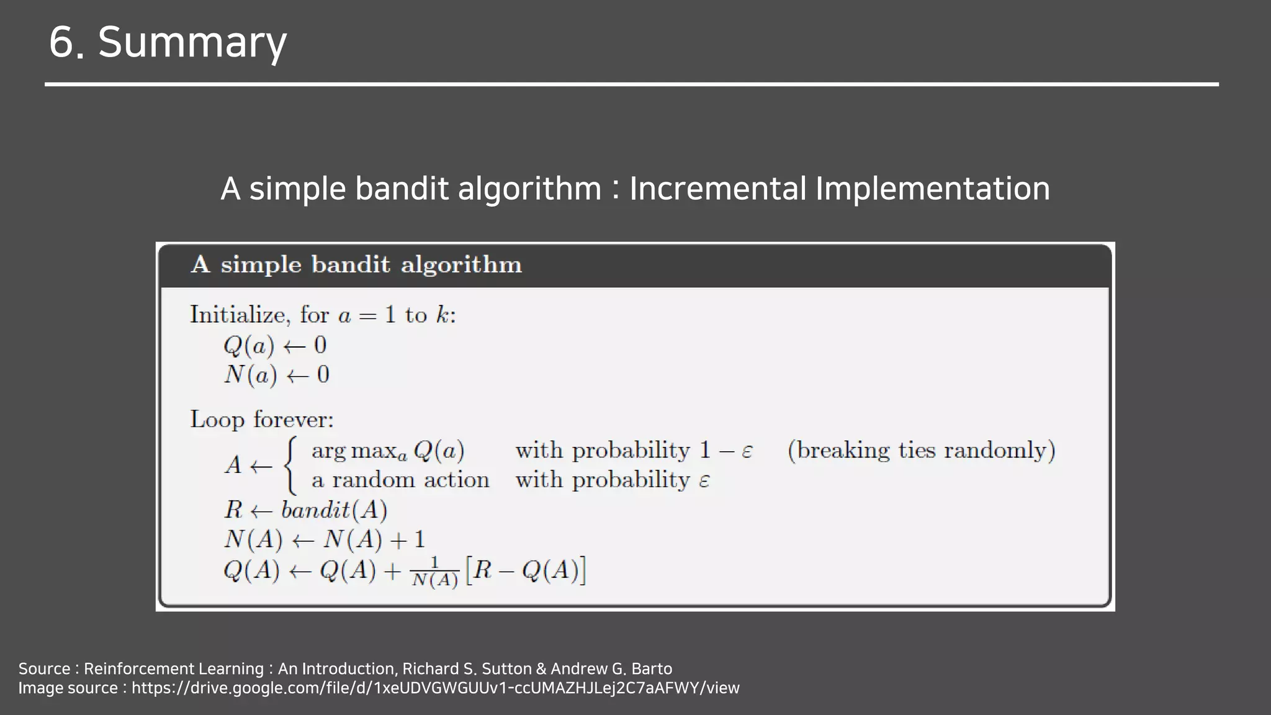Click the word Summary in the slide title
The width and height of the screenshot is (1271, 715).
click(192, 42)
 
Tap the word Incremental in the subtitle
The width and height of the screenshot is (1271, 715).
click(717, 189)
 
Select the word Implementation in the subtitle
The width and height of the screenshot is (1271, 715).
click(932, 189)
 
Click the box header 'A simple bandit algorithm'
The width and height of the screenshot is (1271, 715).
click(356, 265)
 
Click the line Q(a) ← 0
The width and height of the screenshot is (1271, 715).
click(275, 346)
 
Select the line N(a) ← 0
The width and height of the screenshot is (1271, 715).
click(277, 375)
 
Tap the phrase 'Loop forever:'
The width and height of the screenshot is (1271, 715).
click(262, 420)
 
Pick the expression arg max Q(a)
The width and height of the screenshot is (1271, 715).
click(388, 451)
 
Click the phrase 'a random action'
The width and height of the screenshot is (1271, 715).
click(400, 480)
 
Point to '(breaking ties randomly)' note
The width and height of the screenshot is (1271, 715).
click(921, 451)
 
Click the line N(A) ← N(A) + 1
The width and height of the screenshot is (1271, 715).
click(325, 539)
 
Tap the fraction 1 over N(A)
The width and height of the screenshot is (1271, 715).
click(434, 572)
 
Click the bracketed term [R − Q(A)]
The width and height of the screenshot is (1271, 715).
click(526, 570)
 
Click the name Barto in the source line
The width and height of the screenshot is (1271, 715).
click(652, 669)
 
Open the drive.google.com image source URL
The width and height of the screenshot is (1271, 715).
click(435, 688)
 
